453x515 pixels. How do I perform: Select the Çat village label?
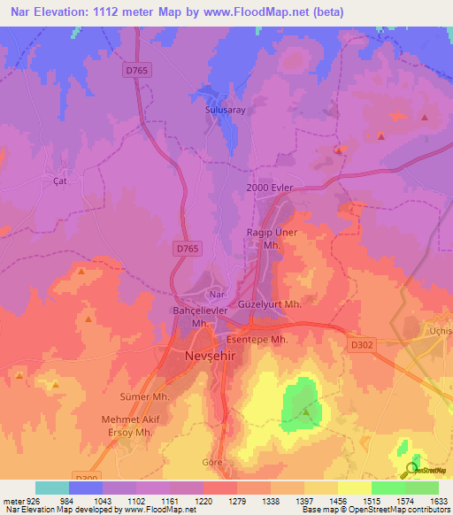coord(60,181)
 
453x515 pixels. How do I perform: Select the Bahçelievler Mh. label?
coord(200,317)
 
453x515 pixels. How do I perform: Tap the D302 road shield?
coord(359,347)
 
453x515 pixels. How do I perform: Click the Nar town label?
coord(217,293)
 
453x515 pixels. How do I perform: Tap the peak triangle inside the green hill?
coord(305,411)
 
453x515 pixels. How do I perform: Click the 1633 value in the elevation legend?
coord(435,502)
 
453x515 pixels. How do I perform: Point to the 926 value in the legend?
coord(27,502)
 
